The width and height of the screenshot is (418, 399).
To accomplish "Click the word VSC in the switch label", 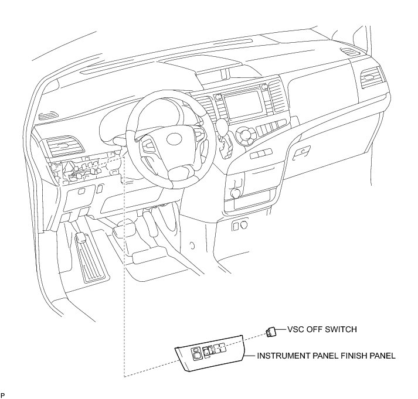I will pos(295,329).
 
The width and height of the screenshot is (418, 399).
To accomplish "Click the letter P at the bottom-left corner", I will pos(3,396).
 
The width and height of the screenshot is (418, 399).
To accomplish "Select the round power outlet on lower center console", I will pos(236,193).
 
